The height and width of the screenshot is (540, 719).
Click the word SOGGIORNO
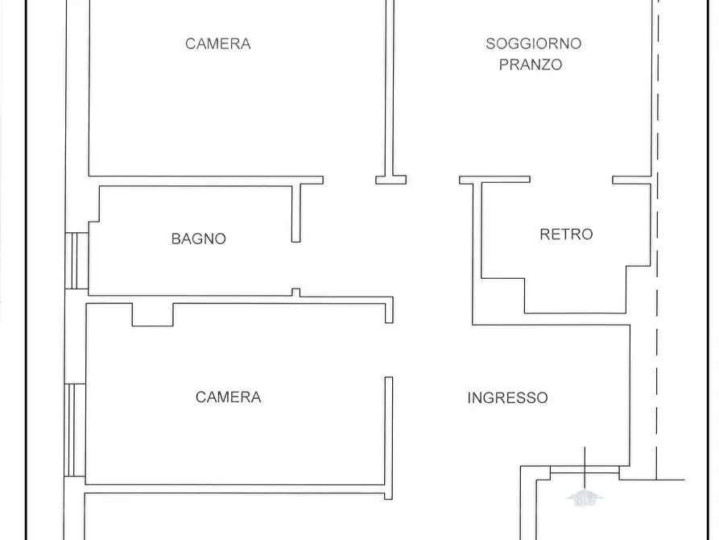[533, 44]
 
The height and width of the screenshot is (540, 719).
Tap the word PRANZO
[531, 64]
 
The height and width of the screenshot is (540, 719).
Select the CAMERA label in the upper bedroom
[218, 44]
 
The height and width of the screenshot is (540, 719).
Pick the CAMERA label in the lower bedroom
[229, 397]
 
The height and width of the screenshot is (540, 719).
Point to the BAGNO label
[199, 239]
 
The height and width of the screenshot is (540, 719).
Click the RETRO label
[566, 235]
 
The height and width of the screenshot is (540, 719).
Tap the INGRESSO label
[507, 397]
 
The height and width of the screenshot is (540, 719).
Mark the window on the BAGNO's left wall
[77, 260]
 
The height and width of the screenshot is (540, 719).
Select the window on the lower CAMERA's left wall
[76, 430]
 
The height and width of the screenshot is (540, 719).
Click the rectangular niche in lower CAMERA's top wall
[153, 314]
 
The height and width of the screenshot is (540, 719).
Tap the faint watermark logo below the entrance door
[585, 497]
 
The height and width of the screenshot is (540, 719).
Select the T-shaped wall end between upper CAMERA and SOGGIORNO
[390, 179]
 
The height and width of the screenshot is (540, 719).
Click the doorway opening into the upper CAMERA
[349, 180]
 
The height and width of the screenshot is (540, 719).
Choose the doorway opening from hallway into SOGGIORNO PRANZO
[433, 180]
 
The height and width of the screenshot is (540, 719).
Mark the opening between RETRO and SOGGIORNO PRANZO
[572, 180]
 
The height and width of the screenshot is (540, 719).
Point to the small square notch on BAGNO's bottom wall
[295, 293]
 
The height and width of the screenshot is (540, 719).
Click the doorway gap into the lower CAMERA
[389, 350]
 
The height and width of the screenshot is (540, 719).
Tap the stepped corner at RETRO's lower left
[504, 295]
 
